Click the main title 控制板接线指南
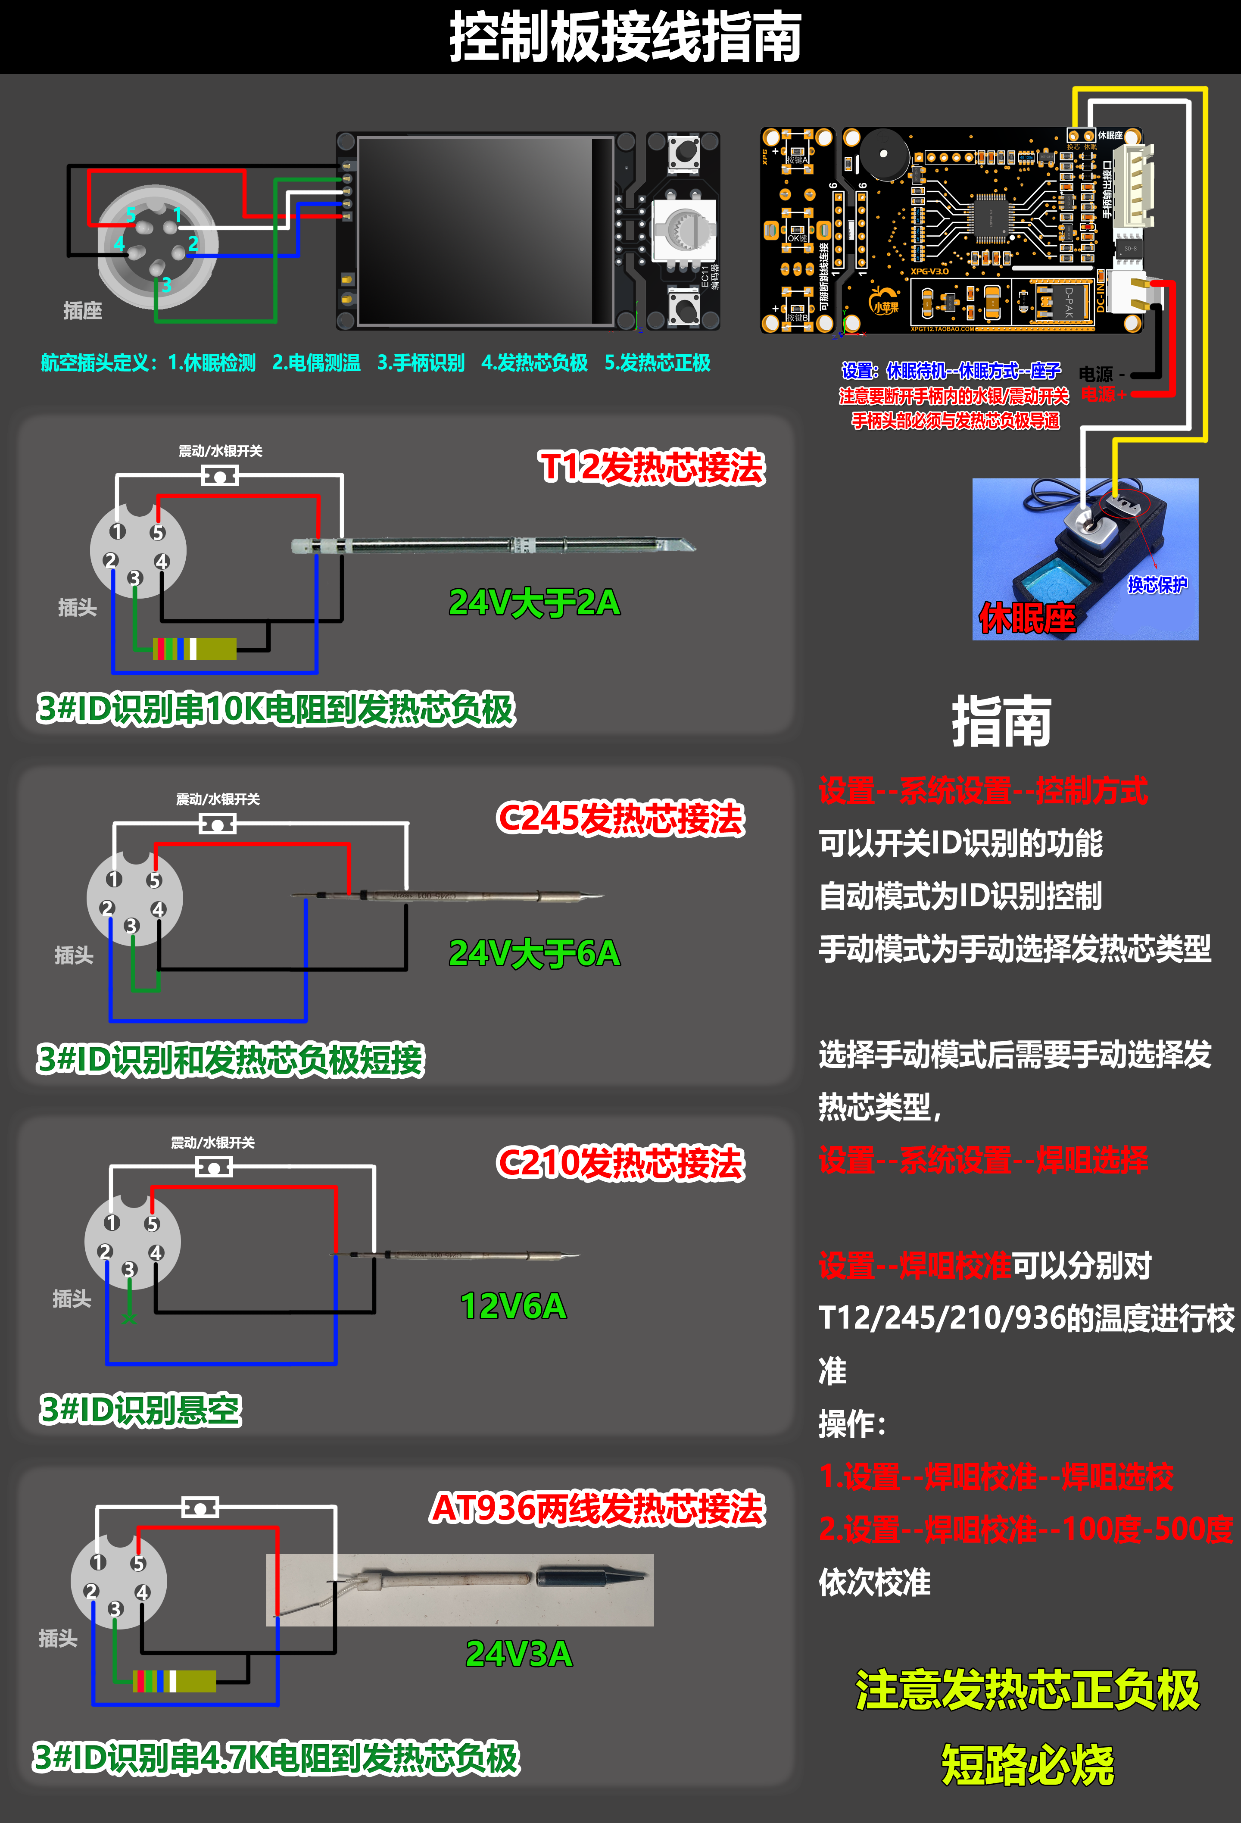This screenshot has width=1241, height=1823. (x=624, y=37)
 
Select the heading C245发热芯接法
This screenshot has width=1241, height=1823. (x=620, y=818)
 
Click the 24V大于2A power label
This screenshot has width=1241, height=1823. (x=534, y=602)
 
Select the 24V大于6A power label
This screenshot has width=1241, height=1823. (x=534, y=953)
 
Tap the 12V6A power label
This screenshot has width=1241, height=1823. (x=513, y=1306)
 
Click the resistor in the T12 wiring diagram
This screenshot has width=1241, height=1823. (x=194, y=649)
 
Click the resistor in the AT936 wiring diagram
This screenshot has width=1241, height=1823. (x=174, y=1681)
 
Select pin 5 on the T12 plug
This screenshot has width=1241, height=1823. (x=158, y=533)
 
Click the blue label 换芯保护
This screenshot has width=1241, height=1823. (x=1157, y=584)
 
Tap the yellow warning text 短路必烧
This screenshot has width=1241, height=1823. (x=1027, y=1765)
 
